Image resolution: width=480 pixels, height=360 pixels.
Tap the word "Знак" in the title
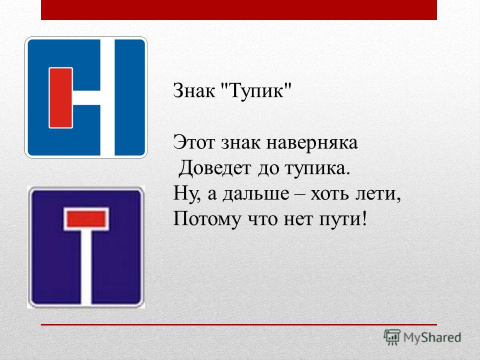pos(194,90)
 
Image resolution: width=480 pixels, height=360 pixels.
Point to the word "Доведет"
pos(214,168)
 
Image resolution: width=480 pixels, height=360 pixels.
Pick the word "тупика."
pos(317,169)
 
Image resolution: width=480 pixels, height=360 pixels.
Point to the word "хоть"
pos(330,194)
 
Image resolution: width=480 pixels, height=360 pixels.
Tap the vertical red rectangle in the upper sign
pos(60,97)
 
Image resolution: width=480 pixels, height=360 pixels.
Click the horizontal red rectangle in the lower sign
pos(86,219)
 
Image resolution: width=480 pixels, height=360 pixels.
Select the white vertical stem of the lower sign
pos(86,267)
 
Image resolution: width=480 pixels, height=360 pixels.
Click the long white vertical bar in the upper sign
pos(107,97)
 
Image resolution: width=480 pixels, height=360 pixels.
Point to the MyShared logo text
pos(432,337)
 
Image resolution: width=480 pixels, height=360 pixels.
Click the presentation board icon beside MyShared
pos(392,337)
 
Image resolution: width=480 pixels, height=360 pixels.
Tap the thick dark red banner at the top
pos(239,10)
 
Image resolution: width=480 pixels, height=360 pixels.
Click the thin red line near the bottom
pos(239,324)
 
